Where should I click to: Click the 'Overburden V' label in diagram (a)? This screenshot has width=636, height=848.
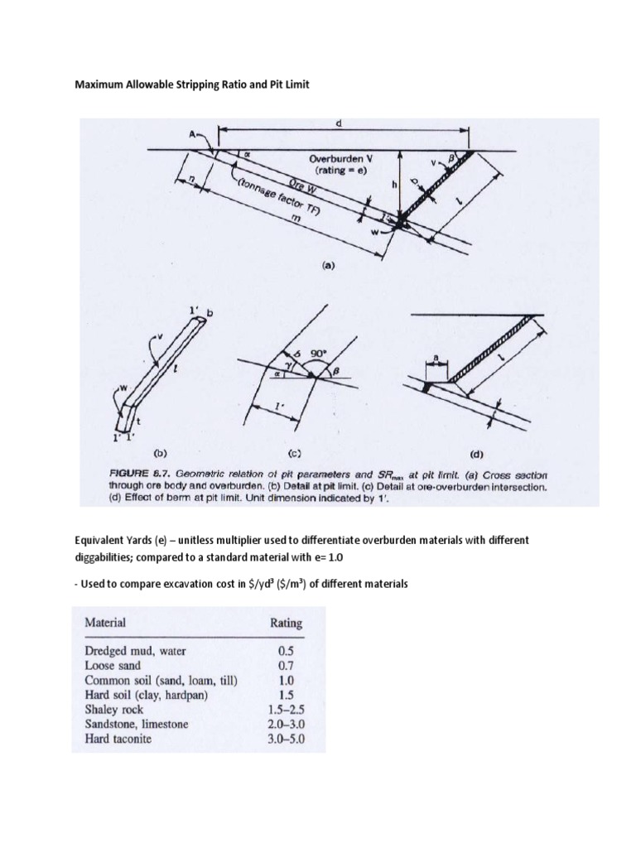(341, 157)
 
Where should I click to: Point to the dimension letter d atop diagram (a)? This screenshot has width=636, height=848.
(339, 123)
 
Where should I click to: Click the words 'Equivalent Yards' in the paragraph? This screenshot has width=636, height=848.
(113, 540)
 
